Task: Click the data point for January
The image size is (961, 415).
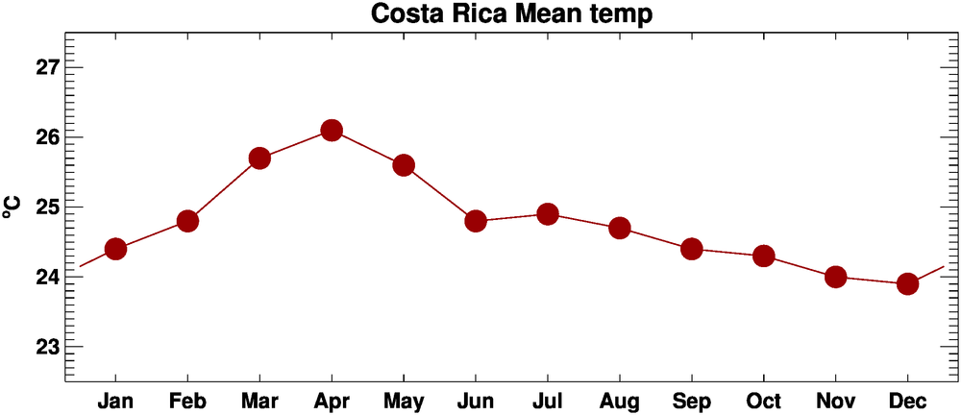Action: pos(115,249)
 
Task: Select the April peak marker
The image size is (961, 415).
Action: pos(332,131)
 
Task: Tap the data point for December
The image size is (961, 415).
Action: pos(907,283)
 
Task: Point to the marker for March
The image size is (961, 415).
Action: pos(259,159)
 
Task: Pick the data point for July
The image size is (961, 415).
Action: pos(548,213)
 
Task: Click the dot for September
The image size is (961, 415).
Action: pos(691,249)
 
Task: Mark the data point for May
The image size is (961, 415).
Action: pos(404,165)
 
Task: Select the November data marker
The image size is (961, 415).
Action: pos(835,277)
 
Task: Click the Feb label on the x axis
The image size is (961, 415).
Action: pos(187,400)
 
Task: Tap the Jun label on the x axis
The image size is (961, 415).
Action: pos(475,400)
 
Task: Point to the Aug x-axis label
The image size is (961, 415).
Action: pos(619,401)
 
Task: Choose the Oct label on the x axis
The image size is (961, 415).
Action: pos(763,400)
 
